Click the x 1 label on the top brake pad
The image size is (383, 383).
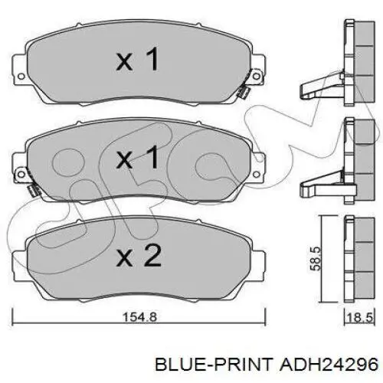138,59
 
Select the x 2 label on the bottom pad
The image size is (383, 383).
139,255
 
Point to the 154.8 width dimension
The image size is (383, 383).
139,317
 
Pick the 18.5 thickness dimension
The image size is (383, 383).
360,318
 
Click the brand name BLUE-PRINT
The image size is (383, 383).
214,365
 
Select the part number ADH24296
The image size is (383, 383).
329,365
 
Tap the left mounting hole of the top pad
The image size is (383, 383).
21,76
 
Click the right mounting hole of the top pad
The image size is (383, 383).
257,76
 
